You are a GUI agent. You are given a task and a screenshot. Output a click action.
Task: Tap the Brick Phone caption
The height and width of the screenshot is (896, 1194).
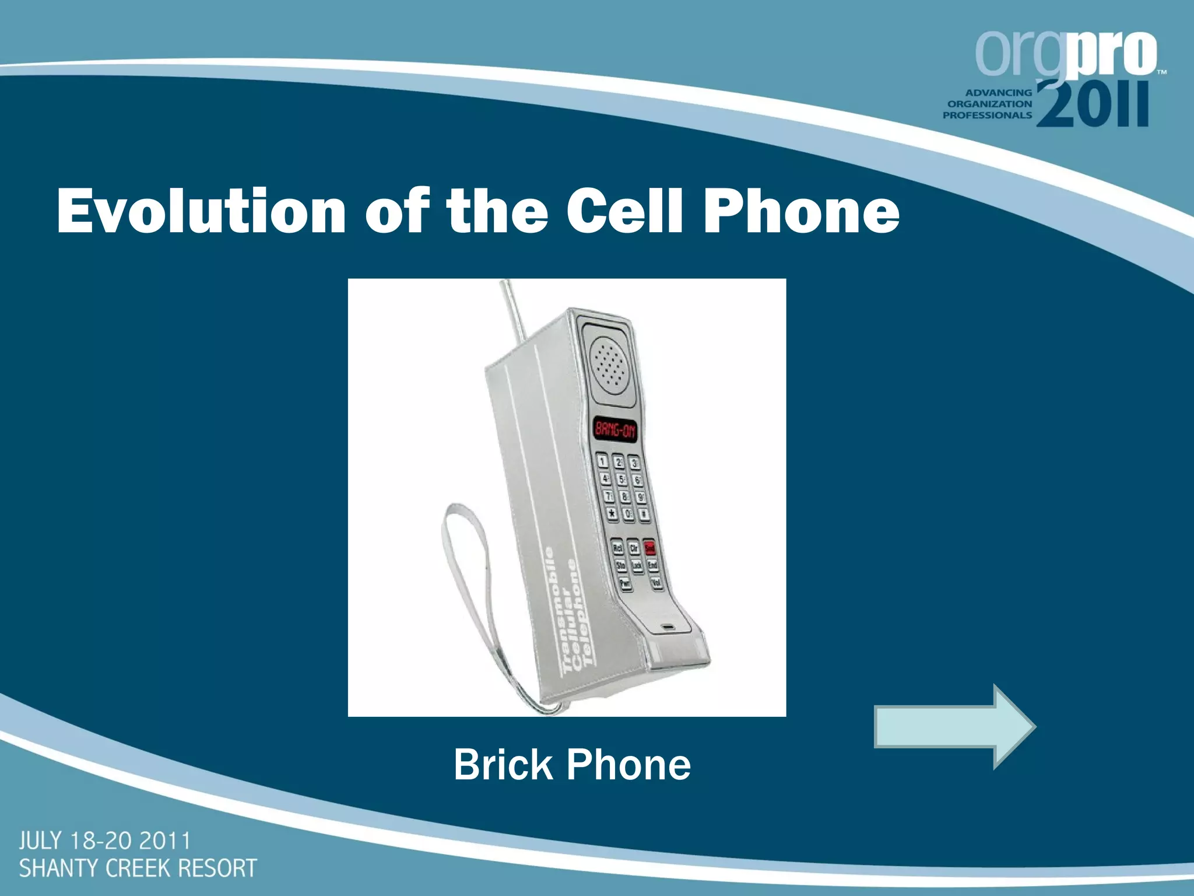pos(572,765)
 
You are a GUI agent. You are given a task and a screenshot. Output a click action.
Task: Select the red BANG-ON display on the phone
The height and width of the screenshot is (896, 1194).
pos(615,430)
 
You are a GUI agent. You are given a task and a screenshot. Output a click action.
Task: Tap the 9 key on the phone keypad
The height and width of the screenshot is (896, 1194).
pos(640,497)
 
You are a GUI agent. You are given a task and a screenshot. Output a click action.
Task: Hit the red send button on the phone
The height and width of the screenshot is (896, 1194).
pos(649,548)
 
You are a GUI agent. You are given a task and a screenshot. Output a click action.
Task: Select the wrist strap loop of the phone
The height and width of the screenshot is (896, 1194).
pos(466,583)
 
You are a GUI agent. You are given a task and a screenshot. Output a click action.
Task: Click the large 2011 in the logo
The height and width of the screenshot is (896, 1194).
pos(1093,105)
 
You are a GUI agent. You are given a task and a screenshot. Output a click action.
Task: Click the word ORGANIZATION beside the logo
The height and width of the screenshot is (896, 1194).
pos(989,104)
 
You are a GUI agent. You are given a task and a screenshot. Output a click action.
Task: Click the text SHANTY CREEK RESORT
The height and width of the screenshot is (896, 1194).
pos(138,868)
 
